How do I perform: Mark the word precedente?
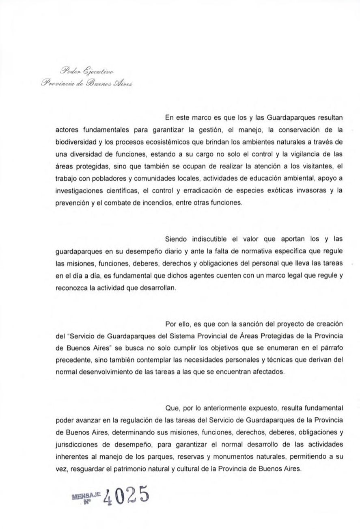72,360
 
